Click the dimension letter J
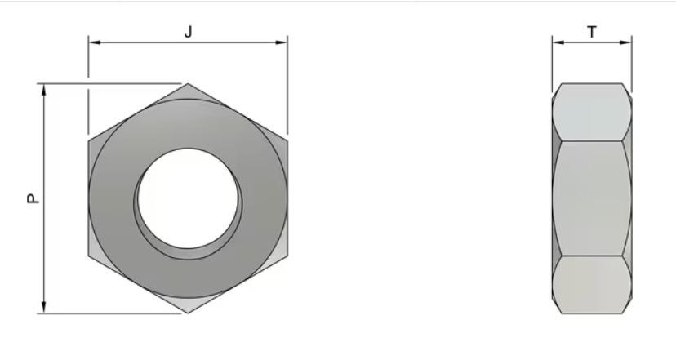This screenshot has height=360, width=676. tap(189, 33)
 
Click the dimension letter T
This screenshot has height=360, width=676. tap(592, 33)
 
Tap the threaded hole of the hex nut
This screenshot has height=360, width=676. tap(189, 198)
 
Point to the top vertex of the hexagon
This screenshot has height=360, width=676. tap(188, 83)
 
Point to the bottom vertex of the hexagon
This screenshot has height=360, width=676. tap(188, 313)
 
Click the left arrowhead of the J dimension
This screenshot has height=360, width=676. tap(92, 42)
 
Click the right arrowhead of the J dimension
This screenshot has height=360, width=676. tap(283, 42)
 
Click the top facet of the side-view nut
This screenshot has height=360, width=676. tap(592, 111)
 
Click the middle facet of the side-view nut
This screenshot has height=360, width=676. tap(592, 198)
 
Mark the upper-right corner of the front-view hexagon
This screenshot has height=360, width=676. tap(287, 140)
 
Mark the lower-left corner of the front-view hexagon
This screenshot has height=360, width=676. tap(89, 256)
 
